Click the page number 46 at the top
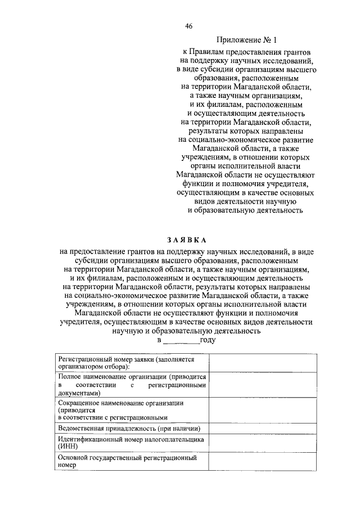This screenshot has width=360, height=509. [x=188, y=26]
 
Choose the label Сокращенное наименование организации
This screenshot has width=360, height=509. [x=123, y=404]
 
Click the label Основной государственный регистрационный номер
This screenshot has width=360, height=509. [x=127, y=458]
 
